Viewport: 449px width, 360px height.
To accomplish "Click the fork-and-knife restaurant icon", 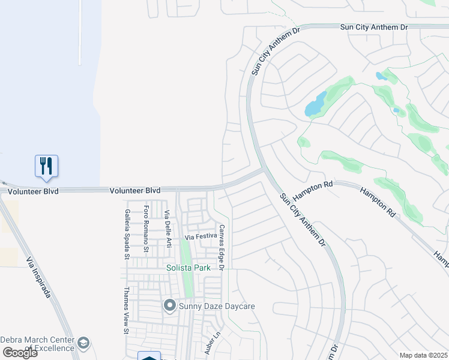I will pyautogui.click(x=46, y=165).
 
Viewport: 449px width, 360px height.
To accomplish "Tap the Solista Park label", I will pyautogui.click(x=188, y=268).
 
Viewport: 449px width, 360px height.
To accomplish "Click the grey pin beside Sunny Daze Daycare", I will pyautogui.click(x=169, y=306).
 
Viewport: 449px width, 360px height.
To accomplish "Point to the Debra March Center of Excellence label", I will pyautogui.click(x=37, y=343).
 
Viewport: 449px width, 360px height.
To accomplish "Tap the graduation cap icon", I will pyautogui.click(x=83, y=343).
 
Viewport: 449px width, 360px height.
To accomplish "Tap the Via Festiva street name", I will pyautogui.click(x=200, y=237).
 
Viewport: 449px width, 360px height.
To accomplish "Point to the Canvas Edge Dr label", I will pyautogui.click(x=221, y=247).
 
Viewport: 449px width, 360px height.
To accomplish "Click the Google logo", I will pyautogui.click(x=20, y=353).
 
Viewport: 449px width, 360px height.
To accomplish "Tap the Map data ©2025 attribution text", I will pyautogui.click(x=423, y=355).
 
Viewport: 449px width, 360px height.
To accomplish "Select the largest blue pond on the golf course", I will pyautogui.click(x=316, y=104).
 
